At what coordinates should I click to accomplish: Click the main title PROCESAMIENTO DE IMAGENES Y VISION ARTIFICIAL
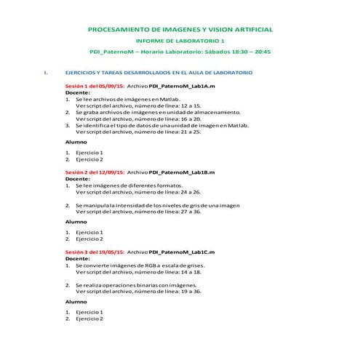click(180, 30)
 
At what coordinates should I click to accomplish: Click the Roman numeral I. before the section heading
click(47, 73)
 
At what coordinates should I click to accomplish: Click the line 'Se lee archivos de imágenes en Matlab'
click(127, 99)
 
